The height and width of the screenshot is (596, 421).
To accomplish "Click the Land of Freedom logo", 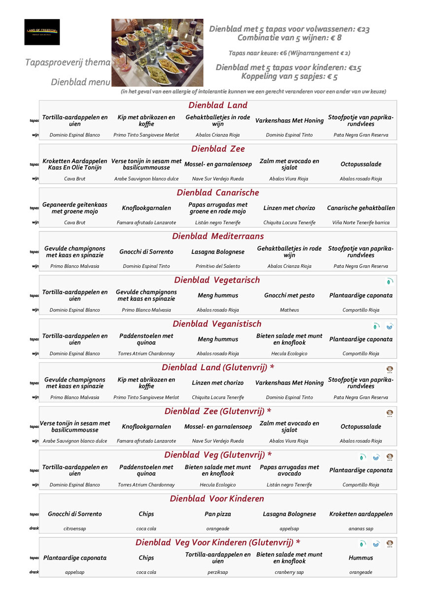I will (42, 32).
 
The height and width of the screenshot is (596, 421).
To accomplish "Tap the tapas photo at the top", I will (157, 53).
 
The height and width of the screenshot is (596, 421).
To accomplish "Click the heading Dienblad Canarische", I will (218, 193).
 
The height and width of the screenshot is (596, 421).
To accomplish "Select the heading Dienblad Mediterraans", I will (218, 236).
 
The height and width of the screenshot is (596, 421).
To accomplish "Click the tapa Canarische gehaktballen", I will (361, 208).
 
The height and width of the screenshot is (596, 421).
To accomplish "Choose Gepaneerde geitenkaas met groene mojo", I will (75, 208).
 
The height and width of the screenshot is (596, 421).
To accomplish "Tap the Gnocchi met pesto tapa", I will (289, 295).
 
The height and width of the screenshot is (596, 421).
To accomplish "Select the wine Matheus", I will (289, 310).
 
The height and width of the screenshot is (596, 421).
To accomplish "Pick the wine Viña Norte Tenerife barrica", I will (361, 223).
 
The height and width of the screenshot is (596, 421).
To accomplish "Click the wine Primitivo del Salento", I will (218, 266).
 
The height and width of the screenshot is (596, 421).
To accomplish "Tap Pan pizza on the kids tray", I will (218, 514).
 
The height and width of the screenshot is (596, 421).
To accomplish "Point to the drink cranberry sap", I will (289, 572).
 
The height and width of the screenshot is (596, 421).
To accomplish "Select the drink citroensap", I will (75, 528).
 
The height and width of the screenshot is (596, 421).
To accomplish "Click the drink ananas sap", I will (361, 528).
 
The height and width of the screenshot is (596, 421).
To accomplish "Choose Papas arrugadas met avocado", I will (289, 470).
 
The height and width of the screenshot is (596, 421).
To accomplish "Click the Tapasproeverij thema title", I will (68, 63).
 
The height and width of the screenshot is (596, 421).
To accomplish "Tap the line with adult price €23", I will (289, 29).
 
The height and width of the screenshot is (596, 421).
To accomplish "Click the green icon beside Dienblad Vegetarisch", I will (389, 281).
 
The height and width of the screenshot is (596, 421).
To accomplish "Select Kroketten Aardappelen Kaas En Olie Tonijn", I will (75, 164).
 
